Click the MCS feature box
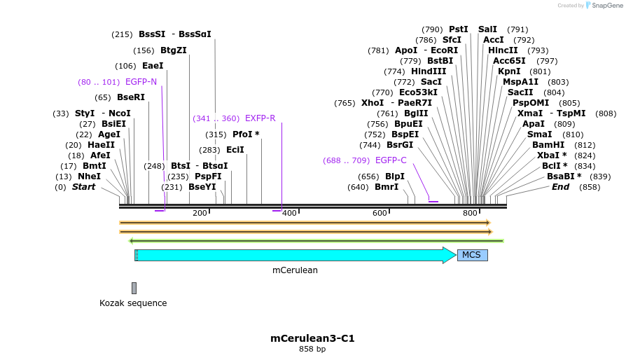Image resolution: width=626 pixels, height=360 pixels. point(472,255)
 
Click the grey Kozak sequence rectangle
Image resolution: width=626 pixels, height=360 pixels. point(134,288)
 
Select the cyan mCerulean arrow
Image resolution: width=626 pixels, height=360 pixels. point(294,255)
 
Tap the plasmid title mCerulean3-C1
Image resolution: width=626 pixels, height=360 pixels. point(312,338)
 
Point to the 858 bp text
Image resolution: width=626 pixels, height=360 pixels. point(312,349)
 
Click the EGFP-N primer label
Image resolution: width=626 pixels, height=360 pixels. point(141,82)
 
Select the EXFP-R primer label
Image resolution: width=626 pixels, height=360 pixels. point(260,118)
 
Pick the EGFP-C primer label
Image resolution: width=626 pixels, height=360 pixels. point(391,160)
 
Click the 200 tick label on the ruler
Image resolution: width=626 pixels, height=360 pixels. point(200,213)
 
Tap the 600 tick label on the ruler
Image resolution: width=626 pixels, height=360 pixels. point(380,213)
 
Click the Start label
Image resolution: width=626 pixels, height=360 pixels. point(83,187)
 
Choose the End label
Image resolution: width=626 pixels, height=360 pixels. point(560,187)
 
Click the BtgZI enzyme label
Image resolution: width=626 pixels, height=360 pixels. point(174,50)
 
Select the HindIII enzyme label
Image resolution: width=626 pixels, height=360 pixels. point(429,71)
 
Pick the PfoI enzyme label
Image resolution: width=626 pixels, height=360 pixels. point(246,134)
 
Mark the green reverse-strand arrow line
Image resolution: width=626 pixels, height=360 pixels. point(315,241)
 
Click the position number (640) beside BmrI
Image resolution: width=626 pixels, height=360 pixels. point(358,187)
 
